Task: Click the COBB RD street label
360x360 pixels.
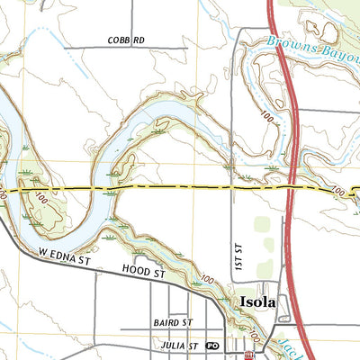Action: coord(126,40)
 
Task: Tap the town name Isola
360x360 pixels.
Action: coord(258,303)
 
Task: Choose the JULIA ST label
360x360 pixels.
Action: coord(178,345)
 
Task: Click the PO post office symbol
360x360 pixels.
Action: coord(212,345)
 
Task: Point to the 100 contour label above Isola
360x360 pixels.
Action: coord(209,281)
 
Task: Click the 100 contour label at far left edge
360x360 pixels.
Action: coord(4,192)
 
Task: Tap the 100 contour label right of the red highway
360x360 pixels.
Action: coord(337,192)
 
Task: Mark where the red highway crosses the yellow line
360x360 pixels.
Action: coord(292,188)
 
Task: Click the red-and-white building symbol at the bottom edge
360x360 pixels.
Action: coord(249,355)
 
